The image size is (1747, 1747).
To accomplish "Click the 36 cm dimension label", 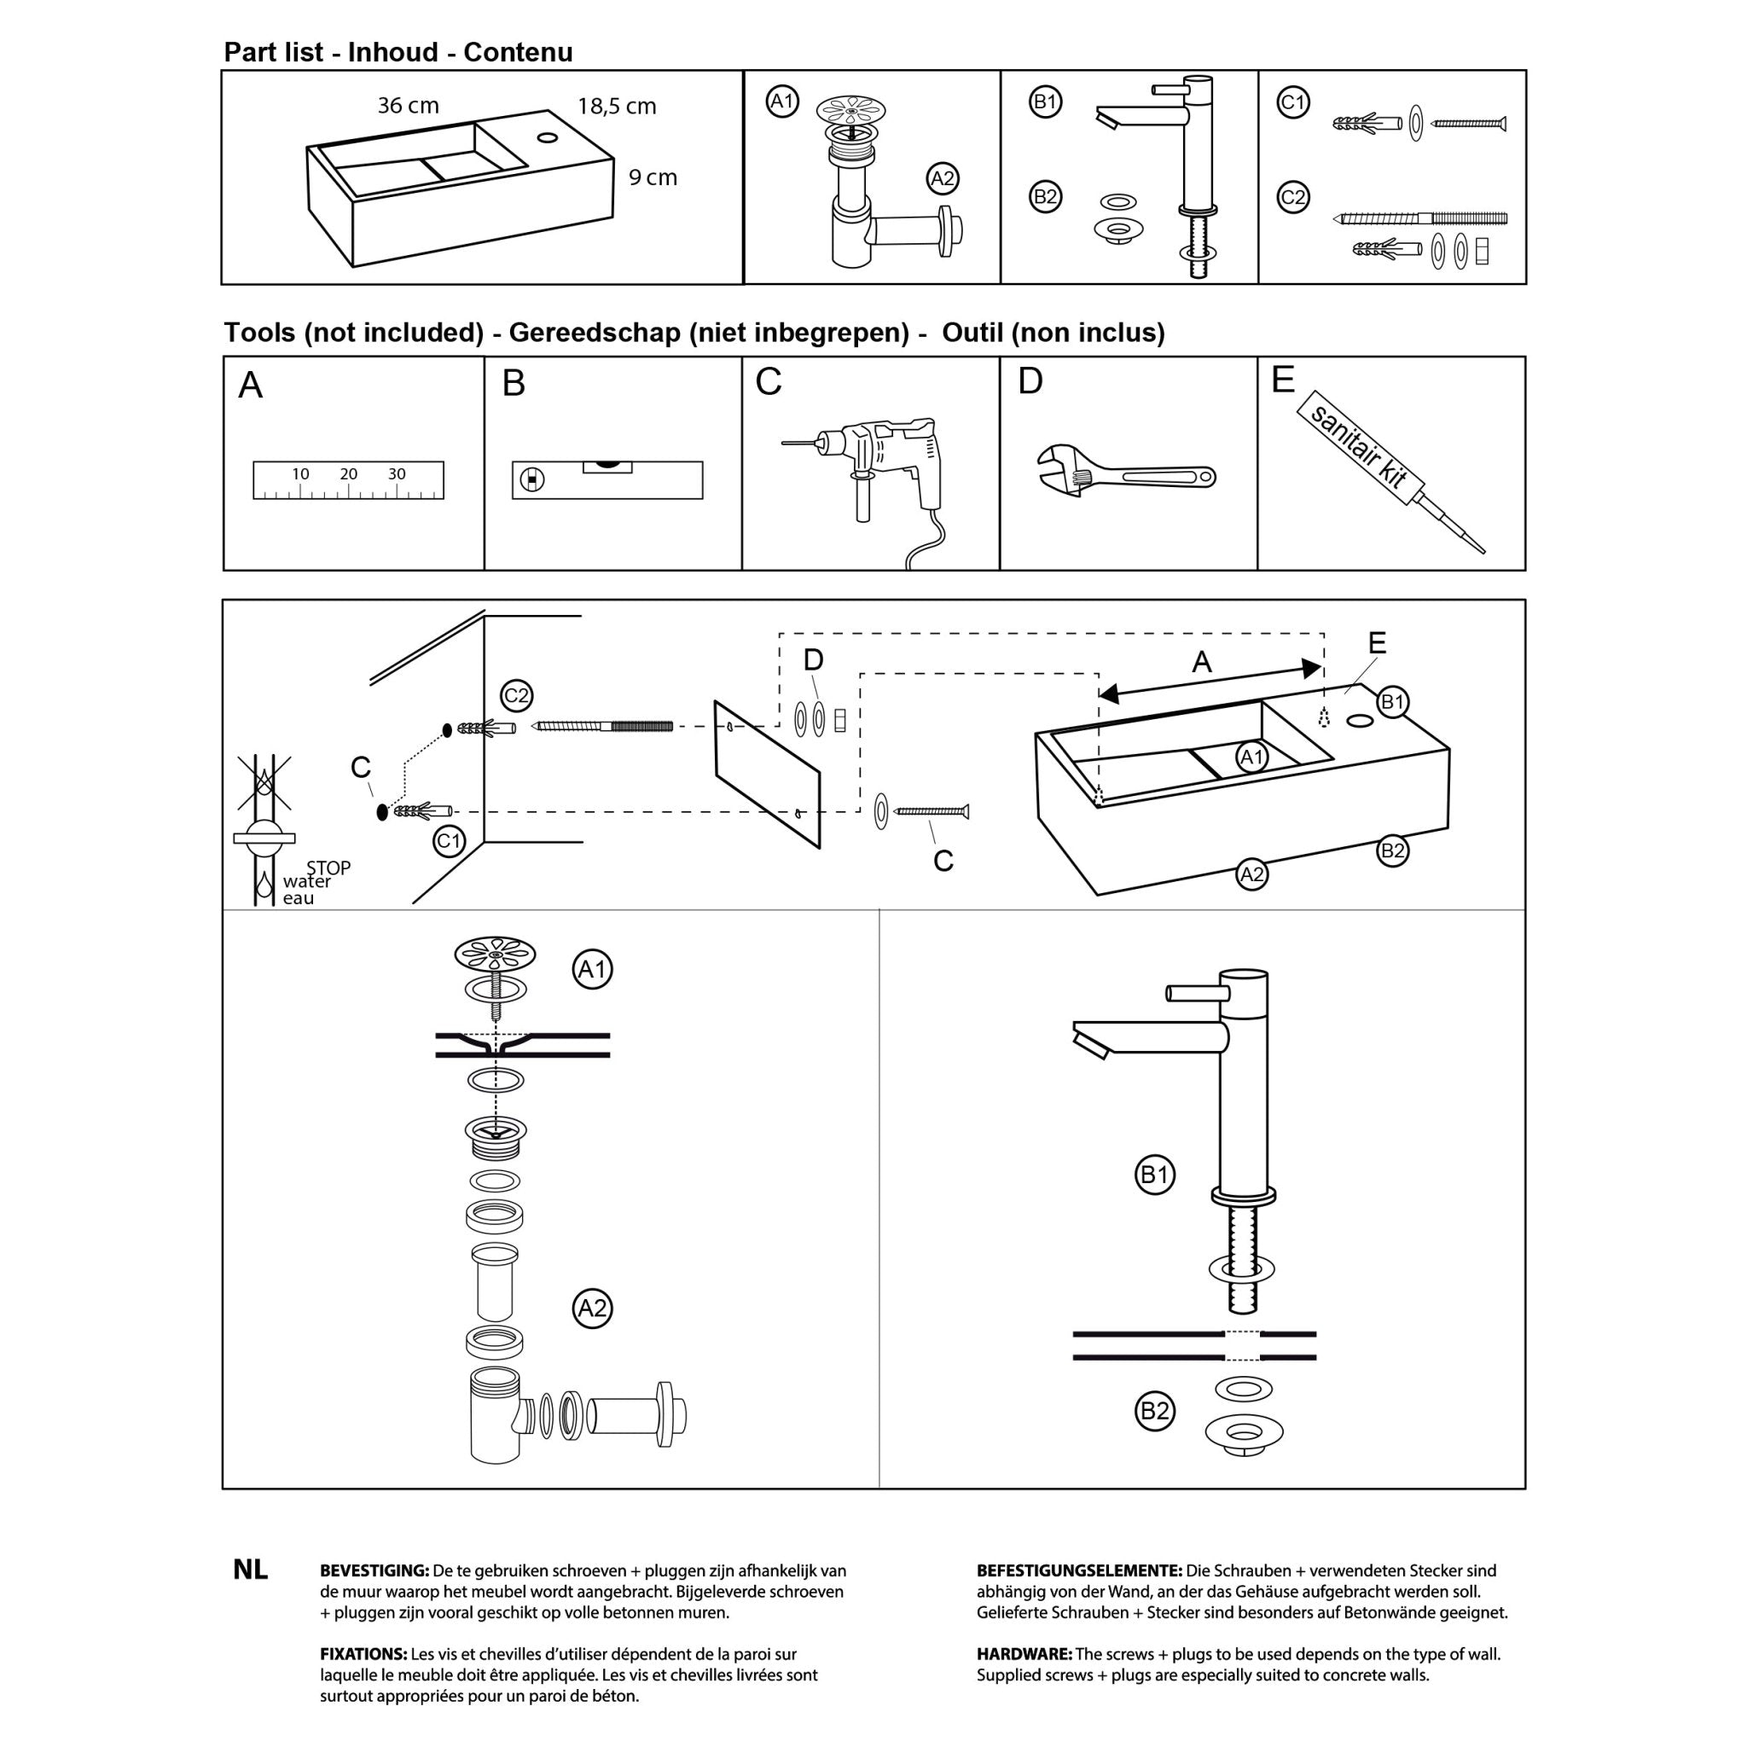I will [x=408, y=106].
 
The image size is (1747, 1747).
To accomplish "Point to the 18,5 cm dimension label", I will [x=617, y=107].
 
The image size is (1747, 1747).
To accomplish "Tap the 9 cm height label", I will [x=653, y=178].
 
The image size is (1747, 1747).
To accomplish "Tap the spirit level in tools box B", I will [x=607, y=479].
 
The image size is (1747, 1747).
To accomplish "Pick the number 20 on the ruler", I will [x=348, y=473].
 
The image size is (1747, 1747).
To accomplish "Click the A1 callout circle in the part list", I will [x=782, y=102].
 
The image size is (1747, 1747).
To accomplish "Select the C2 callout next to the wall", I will [x=516, y=695].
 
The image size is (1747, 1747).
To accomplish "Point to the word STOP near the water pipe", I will [x=328, y=868].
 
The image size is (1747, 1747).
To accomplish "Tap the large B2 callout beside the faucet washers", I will [x=1155, y=1411].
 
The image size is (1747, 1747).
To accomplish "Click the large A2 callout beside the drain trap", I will [x=592, y=1308].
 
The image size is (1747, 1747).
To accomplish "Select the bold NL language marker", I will [x=251, y=1570].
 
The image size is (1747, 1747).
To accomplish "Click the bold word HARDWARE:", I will [x=1024, y=1654].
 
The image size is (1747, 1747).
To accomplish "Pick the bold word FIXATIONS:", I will [x=363, y=1654].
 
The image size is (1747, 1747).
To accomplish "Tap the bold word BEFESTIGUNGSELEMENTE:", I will [x=1079, y=1570].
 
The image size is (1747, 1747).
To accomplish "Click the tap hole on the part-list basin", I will [x=547, y=137].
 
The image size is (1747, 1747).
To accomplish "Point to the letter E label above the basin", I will [x=1377, y=643].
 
